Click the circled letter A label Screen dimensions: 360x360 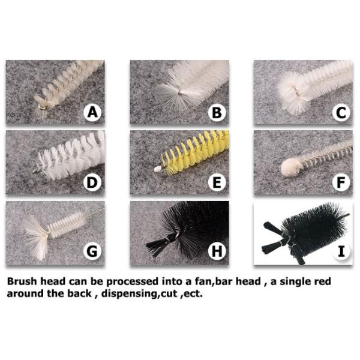92,113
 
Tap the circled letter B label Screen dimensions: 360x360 217,113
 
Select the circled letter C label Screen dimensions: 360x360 341,113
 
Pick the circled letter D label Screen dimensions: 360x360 92,182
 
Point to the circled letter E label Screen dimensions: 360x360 217,182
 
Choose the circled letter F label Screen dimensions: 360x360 341,182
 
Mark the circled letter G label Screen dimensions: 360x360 92,251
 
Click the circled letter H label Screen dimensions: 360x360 217,251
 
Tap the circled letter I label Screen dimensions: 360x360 341,251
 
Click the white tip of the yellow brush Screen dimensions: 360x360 157,170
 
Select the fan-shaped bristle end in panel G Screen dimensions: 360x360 37,238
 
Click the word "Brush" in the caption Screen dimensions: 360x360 22,281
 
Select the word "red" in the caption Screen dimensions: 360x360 321,281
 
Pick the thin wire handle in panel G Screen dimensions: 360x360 96,212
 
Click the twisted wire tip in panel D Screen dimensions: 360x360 37,170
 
